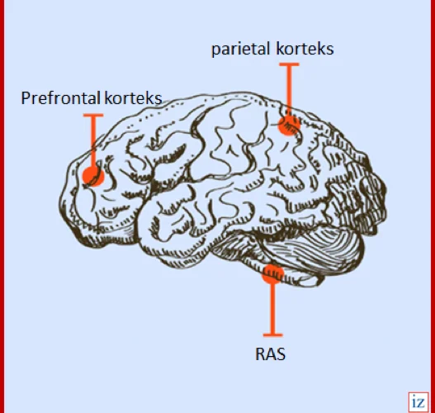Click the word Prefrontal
coord(60,97)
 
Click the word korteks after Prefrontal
coord(134,97)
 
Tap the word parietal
coord(240,50)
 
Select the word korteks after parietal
coord(305,49)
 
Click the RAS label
coord(270,354)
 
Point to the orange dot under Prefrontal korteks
coord(93,176)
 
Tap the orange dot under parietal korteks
coord(289,126)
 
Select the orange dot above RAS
coord(272,274)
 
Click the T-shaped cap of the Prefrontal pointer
coord(93,115)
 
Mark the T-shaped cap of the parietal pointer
coord(289,64)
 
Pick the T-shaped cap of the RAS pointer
coord(272,335)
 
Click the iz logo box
coord(418,402)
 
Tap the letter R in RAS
coord(260,354)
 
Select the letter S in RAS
coord(281,354)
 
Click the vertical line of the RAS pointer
coord(272,309)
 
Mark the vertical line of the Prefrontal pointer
coord(93,141)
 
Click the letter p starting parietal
coord(215,50)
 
